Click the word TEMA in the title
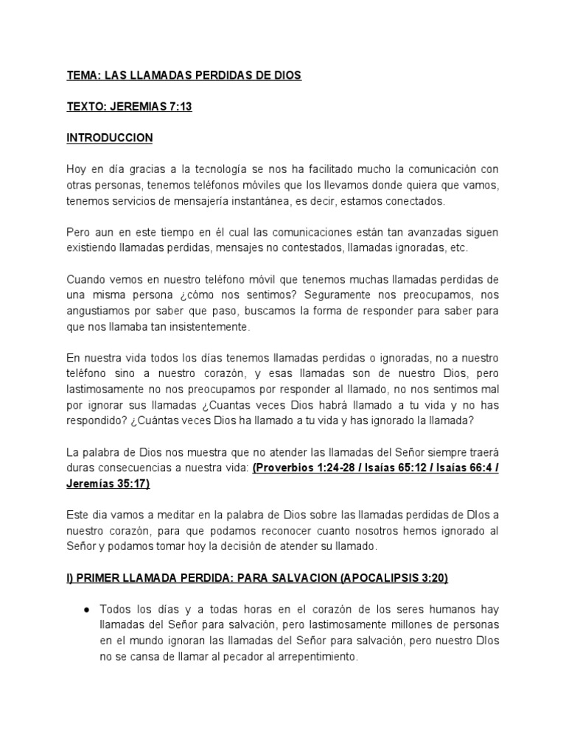(81, 76)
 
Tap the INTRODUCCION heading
(110, 138)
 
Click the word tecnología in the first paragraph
(222, 169)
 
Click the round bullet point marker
(87, 609)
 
